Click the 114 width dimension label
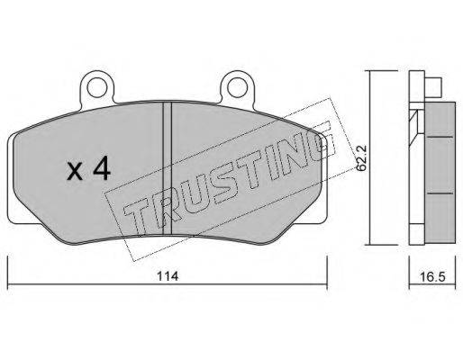[x=168, y=276]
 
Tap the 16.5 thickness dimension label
[x=432, y=276]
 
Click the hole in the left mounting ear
[x=97, y=86]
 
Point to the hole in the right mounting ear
[x=237, y=86]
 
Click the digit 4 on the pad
[x=102, y=168]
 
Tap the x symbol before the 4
[x=75, y=172]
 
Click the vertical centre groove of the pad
[x=167, y=168]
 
